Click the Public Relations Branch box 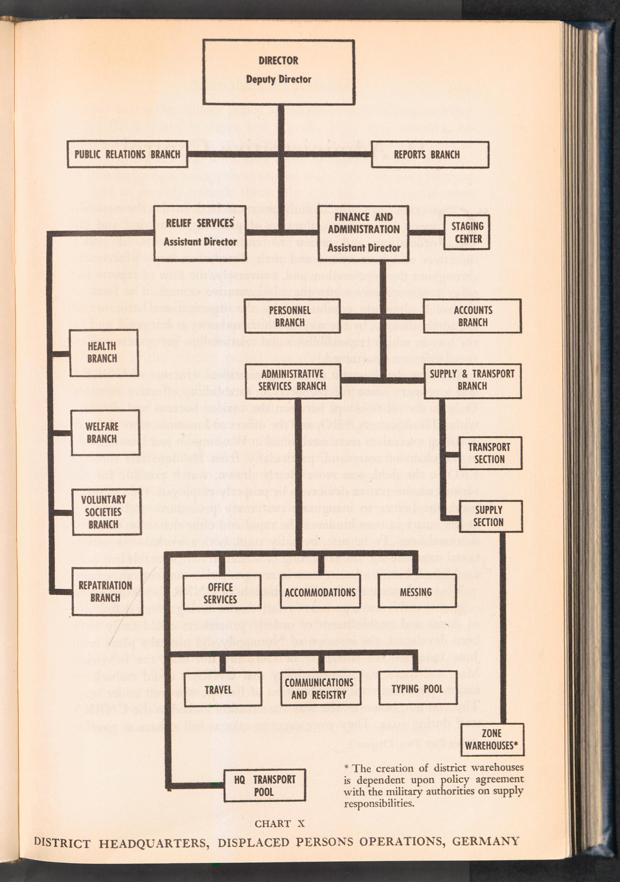(127, 154)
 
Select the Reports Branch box (430, 154)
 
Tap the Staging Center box (467, 233)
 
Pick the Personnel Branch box (292, 316)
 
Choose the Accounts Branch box (472, 316)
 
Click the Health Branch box (104, 352)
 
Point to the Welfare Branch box (105, 432)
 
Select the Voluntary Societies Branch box (106, 512)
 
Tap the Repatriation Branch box (107, 592)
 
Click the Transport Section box (490, 453)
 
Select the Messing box (416, 592)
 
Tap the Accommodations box (320, 592)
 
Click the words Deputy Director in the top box (278, 79)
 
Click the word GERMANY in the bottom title (485, 841)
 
